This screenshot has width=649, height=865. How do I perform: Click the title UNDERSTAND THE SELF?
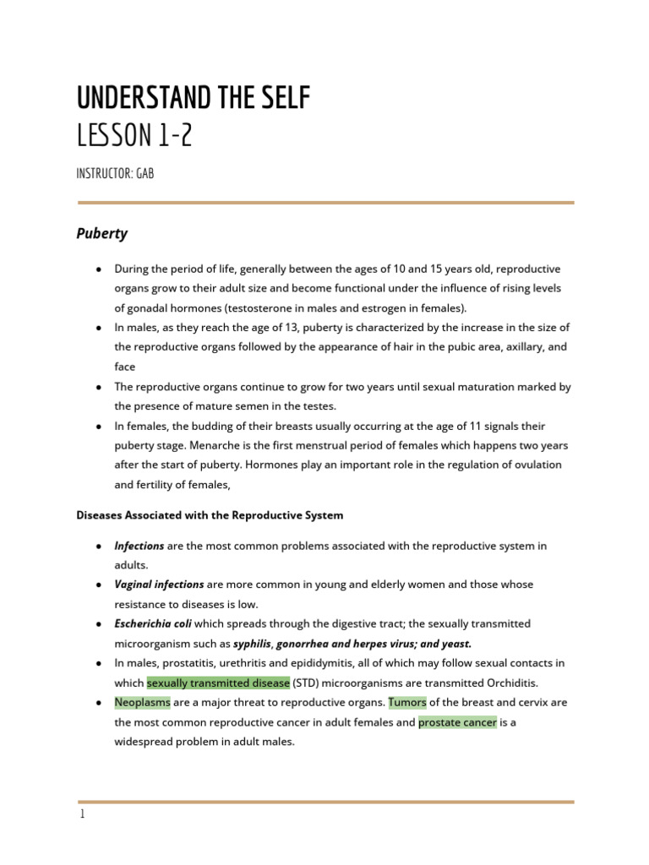point(194,98)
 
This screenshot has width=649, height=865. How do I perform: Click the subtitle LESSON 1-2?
point(134,134)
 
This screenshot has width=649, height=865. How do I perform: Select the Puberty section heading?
point(102,232)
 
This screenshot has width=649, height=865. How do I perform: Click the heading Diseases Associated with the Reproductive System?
point(210,514)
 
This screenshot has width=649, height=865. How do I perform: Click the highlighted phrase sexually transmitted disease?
point(218,683)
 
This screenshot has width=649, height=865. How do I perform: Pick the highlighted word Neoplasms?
point(143,702)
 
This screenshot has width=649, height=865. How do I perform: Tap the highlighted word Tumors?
point(407,702)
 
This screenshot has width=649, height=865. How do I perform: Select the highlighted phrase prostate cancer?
point(457,722)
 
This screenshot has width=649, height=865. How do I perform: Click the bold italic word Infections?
point(139,546)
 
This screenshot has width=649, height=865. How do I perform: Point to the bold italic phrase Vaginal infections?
point(159,585)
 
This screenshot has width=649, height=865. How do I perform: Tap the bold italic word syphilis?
point(253,644)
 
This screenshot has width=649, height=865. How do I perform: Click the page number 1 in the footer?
point(82,816)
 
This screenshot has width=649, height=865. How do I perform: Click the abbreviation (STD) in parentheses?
point(310,683)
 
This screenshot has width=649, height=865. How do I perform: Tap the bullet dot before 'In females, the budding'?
point(99,427)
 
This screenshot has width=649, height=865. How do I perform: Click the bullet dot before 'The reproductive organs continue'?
point(99,387)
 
